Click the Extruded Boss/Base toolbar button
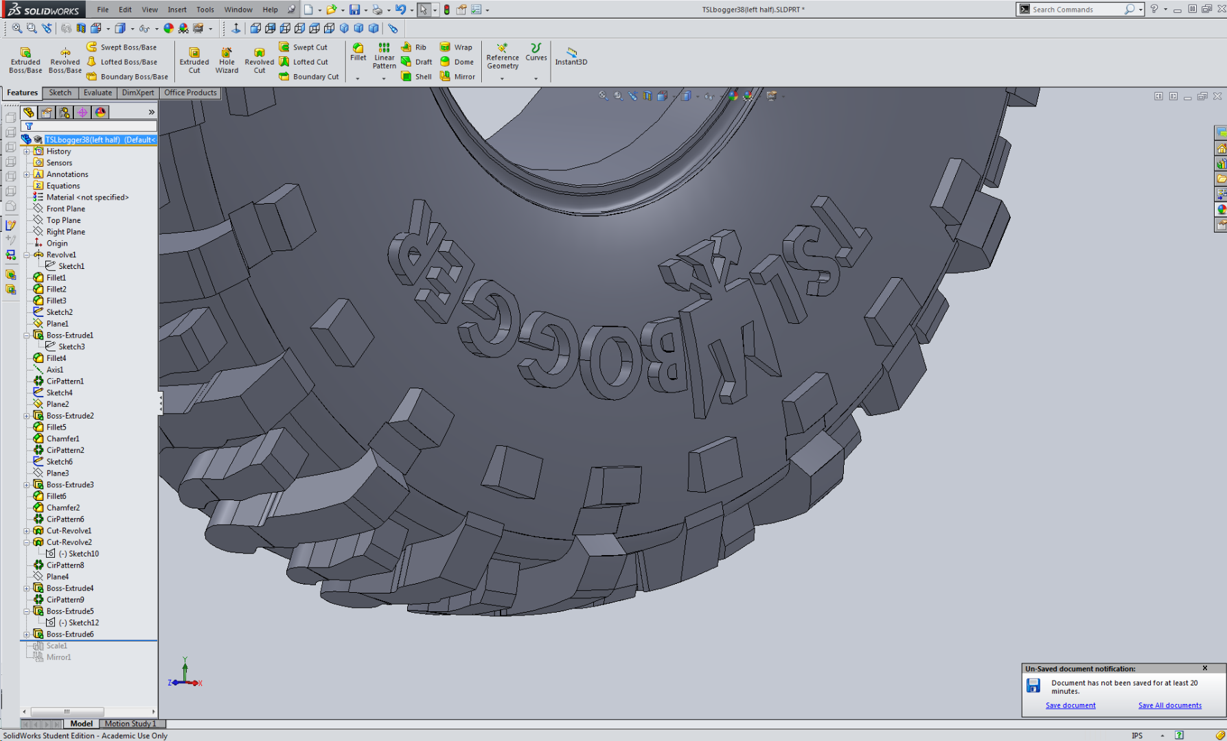(25, 60)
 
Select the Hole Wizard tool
(227, 60)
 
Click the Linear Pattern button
(384, 56)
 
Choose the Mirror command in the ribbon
(458, 77)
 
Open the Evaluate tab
(98, 93)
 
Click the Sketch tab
(60, 93)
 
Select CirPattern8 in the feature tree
(65, 565)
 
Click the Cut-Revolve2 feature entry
(69, 542)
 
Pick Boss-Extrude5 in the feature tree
(70, 611)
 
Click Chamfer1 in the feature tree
(62, 438)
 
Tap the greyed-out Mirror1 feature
(58, 657)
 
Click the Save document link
(1070, 705)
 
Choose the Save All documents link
(1169, 705)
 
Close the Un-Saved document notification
(1204, 668)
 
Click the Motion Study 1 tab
(130, 724)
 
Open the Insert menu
(176, 10)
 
